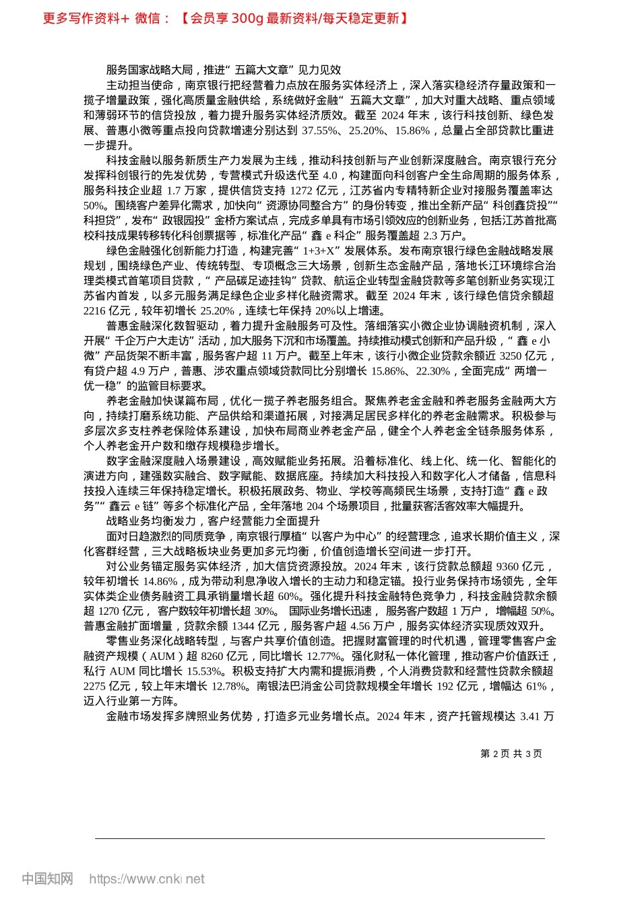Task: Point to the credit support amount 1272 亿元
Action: point(305,191)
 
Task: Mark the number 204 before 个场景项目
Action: point(315,506)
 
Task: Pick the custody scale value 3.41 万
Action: point(537,716)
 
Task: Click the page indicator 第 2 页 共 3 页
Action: point(511,754)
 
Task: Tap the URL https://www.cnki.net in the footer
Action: point(147,879)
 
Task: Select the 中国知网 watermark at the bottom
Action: point(47,879)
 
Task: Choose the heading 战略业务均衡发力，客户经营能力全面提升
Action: point(213,521)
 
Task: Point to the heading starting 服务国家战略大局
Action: point(224,70)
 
